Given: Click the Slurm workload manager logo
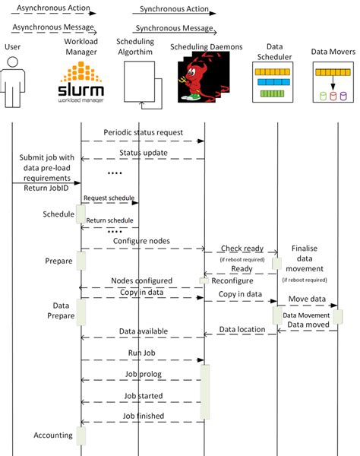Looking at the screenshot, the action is pos(81,82).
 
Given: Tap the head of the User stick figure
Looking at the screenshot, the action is pos(12,62).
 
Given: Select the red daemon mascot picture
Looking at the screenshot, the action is pos(204,77).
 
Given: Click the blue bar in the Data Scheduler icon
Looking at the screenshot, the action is pos(273,82).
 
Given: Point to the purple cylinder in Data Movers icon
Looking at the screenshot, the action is pos(343,97).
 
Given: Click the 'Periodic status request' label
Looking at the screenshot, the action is pos(144,132).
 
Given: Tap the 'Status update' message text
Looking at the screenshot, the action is pos(144,153).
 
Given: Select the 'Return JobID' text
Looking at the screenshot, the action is pos(46,188).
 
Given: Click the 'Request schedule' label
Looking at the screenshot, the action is pos(109,198).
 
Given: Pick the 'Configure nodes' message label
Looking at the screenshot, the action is pos(141,241).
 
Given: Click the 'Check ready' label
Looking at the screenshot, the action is pos(242,249).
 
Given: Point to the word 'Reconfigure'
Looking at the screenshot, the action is pos(232,280).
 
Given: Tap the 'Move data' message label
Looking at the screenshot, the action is pos(307,299).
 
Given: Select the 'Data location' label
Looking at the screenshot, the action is pos(242,329).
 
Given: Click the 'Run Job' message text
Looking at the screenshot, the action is pos(142,353).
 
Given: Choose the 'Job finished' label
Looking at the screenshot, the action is pos(144,416).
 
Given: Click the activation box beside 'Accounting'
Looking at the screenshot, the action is pos(81,435).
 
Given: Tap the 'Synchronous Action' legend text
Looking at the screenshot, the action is pos(174,9).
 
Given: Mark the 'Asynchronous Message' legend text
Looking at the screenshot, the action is pos(53,27).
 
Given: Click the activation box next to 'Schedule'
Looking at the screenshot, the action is pos(81,214).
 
